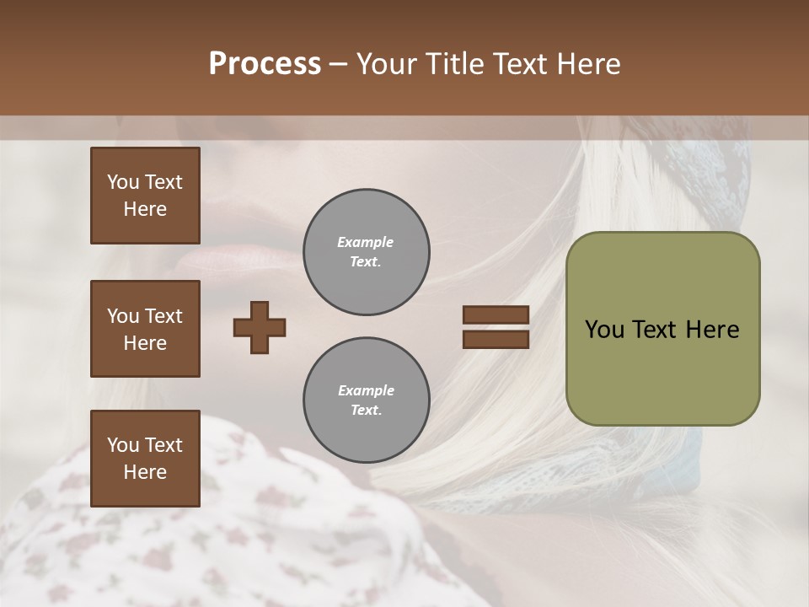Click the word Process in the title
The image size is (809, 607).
click(265, 64)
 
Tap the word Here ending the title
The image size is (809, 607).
click(587, 64)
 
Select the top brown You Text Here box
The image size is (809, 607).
click(145, 196)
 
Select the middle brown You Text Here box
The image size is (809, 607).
click(145, 329)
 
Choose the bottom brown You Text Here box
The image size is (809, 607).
click(145, 458)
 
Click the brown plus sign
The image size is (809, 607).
click(260, 327)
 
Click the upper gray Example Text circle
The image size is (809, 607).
click(366, 252)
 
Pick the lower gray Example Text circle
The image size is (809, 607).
click(366, 400)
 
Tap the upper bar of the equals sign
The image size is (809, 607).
click(496, 315)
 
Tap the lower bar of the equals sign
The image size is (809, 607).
click(496, 339)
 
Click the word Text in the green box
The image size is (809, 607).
click(654, 330)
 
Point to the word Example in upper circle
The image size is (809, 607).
click(366, 242)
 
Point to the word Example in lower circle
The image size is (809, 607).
click(366, 390)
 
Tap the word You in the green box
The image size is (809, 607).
click(604, 330)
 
